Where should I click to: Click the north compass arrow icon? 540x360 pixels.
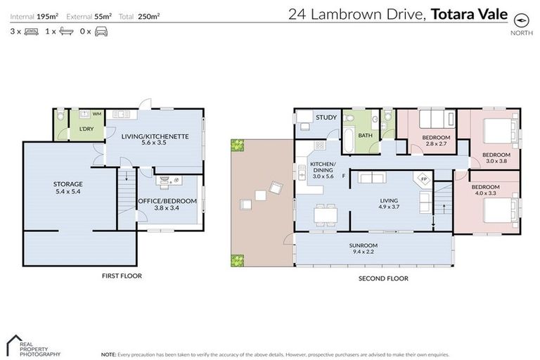pyautogui.click(x=521, y=19)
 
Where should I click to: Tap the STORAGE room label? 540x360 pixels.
pyautogui.click(x=68, y=184)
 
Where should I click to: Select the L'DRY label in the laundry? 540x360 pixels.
pyautogui.click(x=86, y=129)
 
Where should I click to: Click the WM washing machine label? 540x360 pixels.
pyautogui.click(x=96, y=113)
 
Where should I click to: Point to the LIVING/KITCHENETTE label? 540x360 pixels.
pyautogui.click(x=155, y=136)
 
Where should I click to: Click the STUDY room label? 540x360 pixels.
pyautogui.click(x=326, y=117)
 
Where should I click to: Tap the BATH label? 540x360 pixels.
pyautogui.click(x=365, y=136)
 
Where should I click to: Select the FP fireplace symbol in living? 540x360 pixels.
pyautogui.click(x=424, y=179)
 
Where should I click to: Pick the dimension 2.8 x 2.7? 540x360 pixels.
pyautogui.click(x=436, y=143)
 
